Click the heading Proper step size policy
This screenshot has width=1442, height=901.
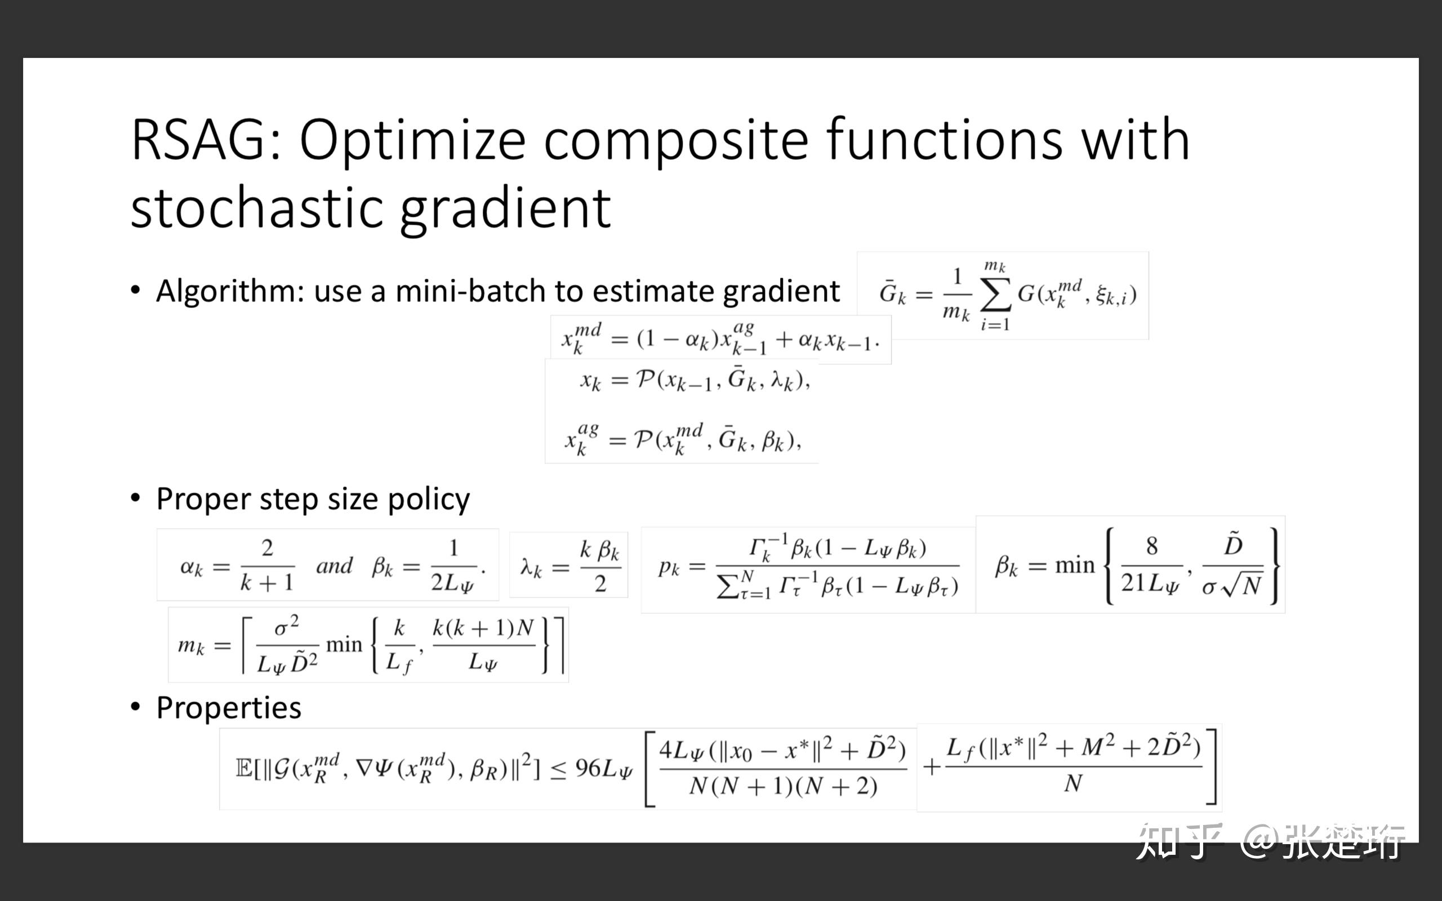[313, 499]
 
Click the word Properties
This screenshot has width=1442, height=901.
[229, 708]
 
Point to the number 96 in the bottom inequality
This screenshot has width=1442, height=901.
[588, 769]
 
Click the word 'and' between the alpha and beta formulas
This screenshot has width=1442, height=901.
[334, 565]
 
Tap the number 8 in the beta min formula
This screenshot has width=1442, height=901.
[1151, 546]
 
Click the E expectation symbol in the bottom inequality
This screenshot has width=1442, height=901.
[244, 769]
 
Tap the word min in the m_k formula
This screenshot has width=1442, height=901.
[344, 645]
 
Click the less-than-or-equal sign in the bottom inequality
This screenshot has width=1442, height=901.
[558, 770]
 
